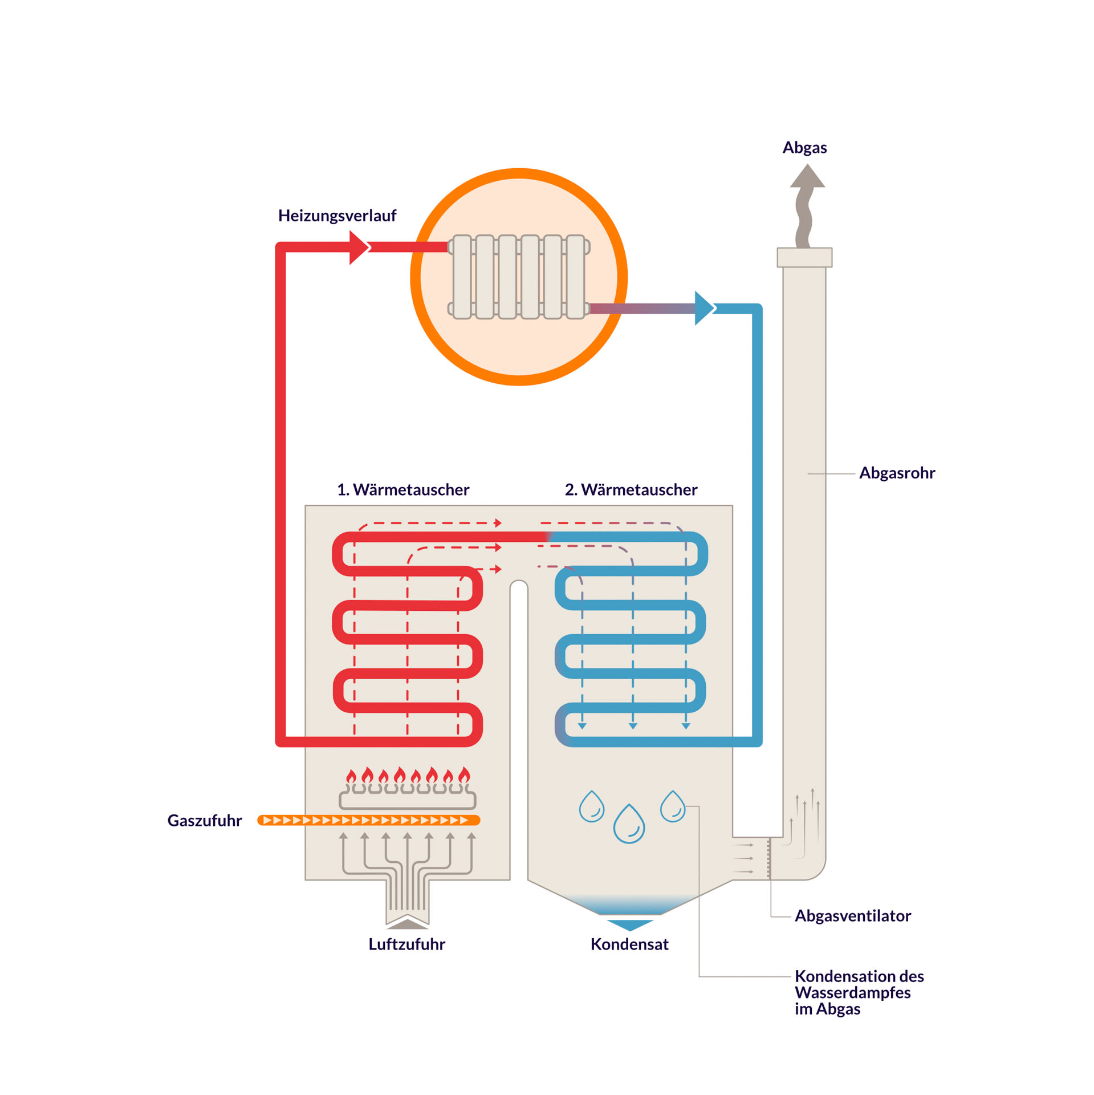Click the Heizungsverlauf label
tap(336, 216)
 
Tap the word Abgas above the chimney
tap(804, 148)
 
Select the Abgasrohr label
tap(896, 473)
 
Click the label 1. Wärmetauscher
tap(402, 489)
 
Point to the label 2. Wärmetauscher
tap(631, 489)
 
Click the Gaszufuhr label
tap(204, 820)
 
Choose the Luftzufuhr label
tap(406, 944)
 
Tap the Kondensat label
tap(629, 944)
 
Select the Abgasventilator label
tap(852, 915)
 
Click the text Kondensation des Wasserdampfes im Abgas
tap(858, 992)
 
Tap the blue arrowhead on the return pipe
tap(703, 308)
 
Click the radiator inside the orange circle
tap(518, 277)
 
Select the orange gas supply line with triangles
tap(368, 820)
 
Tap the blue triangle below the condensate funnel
tap(629, 924)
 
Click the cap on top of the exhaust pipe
tap(804, 257)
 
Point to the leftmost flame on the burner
tap(351, 776)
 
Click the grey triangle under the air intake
tap(407, 923)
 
